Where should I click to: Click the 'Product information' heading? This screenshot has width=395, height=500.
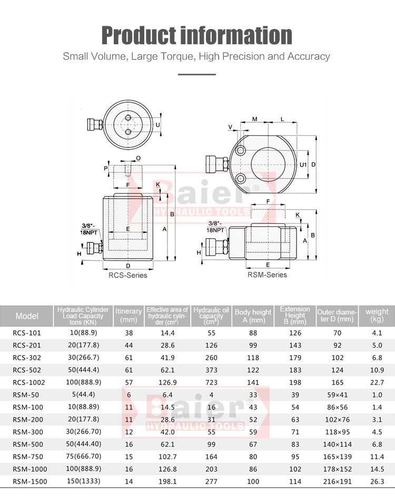pyautogui.click(x=196, y=35)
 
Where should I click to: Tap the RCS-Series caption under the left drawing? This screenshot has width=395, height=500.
pyautogui.click(x=128, y=275)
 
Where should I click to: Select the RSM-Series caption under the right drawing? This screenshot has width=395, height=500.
pyautogui.click(x=267, y=274)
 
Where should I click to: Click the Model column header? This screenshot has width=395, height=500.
pyautogui.click(x=27, y=316)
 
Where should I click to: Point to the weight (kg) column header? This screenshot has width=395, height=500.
pyautogui.click(x=377, y=315)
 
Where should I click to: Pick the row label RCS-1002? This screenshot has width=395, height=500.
pyautogui.click(x=28, y=383)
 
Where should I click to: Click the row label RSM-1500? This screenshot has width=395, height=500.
pyautogui.click(x=29, y=482)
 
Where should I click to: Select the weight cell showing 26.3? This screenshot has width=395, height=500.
pyautogui.click(x=377, y=482)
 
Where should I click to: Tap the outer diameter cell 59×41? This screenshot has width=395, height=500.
pyautogui.click(x=337, y=395)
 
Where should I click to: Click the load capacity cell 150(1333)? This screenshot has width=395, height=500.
pyautogui.click(x=84, y=481)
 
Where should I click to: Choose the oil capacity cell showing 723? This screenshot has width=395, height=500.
pyautogui.click(x=211, y=383)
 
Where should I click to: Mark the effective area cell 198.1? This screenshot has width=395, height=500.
pyautogui.click(x=167, y=482)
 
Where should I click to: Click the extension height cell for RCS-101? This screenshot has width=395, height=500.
pyautogui.click(x=295, y=333)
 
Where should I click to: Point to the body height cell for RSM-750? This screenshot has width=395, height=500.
pyautogui.click(x=253, y=457)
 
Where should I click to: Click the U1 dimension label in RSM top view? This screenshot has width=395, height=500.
pyautogui.click(x=303, y=164)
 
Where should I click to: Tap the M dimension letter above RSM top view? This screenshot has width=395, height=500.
pyautogui.click(x=255, y=119)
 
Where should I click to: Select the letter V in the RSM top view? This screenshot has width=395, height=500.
pyautogui.click(x=231, y=127)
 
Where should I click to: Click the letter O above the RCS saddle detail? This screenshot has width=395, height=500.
pyautogui.click(x=139, y=158)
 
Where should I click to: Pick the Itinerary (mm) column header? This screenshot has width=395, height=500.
pyautogui.click(x=129, y=315)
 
